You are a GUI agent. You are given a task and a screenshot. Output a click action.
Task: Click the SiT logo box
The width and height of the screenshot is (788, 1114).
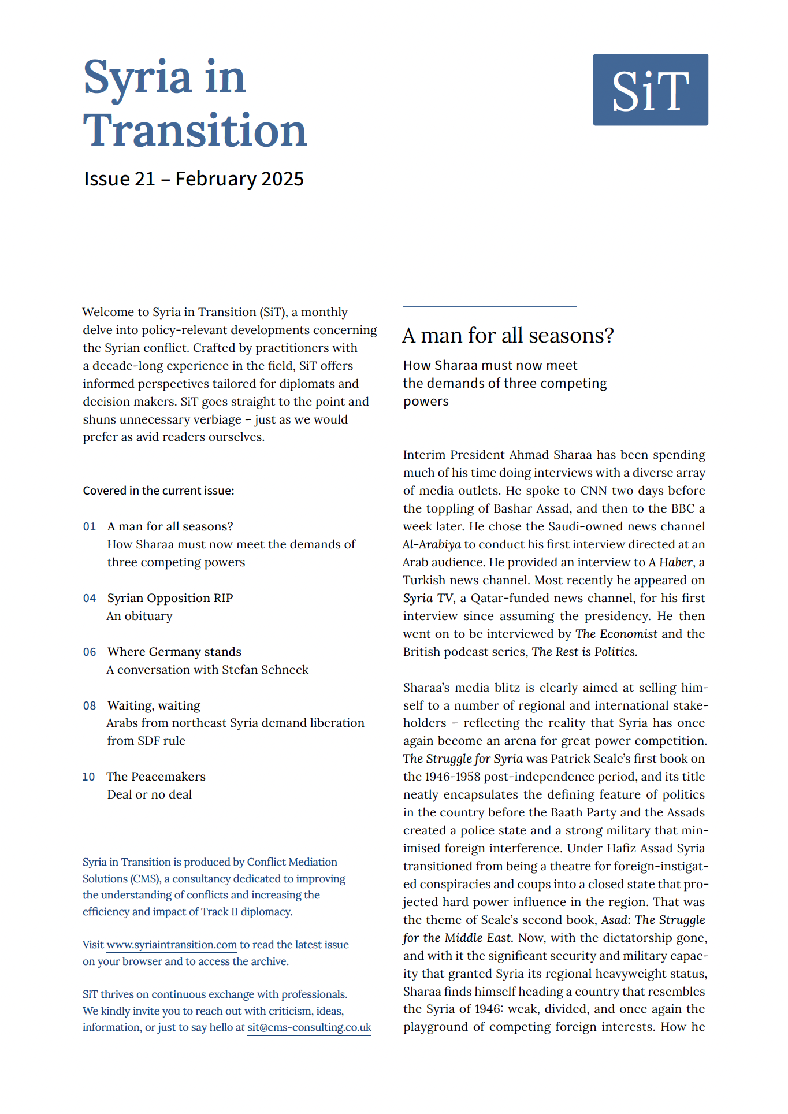click(650, 90)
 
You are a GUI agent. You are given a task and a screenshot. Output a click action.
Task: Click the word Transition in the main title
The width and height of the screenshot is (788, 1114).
click(195, 131)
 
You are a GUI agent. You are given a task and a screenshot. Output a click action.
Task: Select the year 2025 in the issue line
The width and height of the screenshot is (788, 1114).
click(283, 179)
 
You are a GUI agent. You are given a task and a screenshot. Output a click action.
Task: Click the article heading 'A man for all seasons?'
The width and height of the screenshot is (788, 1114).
click(508, 336)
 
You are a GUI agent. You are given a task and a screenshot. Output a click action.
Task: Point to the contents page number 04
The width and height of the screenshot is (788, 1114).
click(90, 599)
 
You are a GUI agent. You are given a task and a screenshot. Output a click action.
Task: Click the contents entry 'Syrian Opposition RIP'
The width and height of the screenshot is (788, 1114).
click(170, 599)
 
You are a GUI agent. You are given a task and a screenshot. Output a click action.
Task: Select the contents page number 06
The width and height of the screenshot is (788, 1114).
click(90, 652)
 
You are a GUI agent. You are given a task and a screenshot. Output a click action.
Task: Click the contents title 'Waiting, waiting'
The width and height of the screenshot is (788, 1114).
click(154, 706)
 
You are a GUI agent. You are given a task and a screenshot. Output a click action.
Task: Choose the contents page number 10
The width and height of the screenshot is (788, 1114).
click(88, 777)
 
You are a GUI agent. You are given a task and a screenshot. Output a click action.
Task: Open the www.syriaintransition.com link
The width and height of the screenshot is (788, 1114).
click(172, 945)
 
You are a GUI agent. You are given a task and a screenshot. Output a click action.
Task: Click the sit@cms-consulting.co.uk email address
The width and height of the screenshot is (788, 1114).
click(309, 1028)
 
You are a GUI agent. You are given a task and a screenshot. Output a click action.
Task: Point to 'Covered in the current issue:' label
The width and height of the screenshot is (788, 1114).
click(158, 491)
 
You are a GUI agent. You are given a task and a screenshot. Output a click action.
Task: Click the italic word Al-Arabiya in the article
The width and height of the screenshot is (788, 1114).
click(432, 545)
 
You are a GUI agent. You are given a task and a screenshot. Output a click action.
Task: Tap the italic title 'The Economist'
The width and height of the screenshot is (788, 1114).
click(616, 634)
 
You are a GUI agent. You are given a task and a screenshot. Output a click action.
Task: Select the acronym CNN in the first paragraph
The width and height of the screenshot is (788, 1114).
click(593, 491)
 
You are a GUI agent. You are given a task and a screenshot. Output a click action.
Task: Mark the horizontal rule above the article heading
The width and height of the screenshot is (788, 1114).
click(489, 306)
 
